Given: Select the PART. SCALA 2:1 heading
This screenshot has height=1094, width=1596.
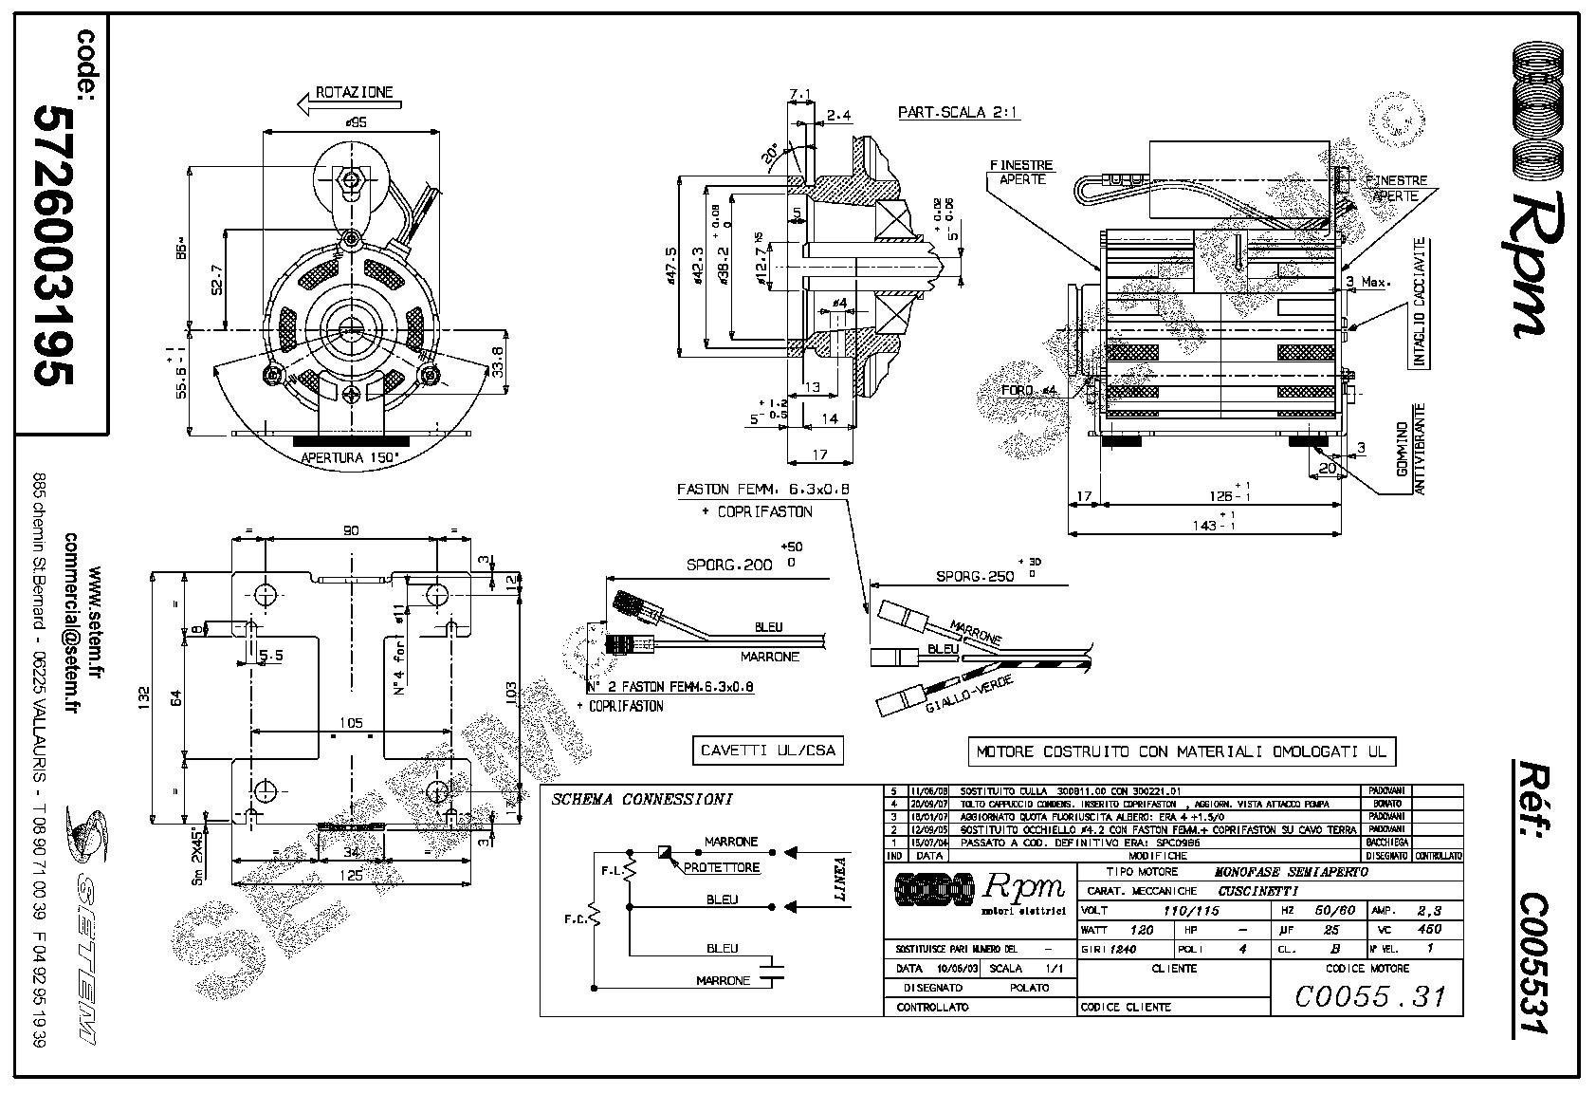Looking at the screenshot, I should coord(958,112).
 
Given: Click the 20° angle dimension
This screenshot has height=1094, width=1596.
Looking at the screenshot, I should coord(771,154).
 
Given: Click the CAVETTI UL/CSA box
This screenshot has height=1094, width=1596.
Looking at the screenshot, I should coord(768,751).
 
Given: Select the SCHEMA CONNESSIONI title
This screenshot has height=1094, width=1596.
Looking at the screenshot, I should coord(641,800).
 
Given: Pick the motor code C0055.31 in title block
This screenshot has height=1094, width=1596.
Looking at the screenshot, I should coord(1370,995).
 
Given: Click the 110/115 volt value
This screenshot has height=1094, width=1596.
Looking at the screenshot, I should coord(1191,911).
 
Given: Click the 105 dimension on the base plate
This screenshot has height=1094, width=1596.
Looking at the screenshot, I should coord(351,723).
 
